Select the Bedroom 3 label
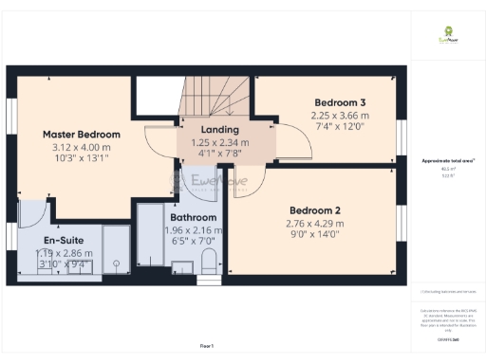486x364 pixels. (x=341, y=101)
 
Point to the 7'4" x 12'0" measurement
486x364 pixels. (x=340, y=127)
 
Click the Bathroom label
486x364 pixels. (x=193, y=217)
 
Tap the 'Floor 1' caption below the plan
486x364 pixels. (x=206, y=345)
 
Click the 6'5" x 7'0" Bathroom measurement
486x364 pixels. (x=193, y=241)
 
